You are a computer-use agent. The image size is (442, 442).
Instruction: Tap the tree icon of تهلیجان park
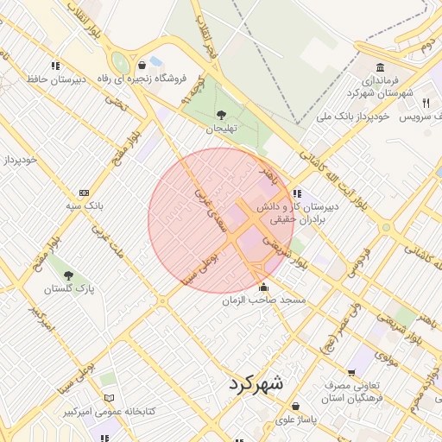[x=221, y=114]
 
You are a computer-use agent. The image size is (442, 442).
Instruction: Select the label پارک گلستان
[x=68, y=287]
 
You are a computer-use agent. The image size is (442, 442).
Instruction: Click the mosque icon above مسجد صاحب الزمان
[x=263, y=287]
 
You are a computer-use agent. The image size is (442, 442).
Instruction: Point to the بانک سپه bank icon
[x=84, y=193]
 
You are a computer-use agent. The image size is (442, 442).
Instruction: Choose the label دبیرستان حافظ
[x=54, y=79]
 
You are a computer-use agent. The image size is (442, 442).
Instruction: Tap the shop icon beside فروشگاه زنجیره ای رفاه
[x=142, y=65]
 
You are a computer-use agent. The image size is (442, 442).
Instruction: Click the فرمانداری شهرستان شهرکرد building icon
[x=380, y=68]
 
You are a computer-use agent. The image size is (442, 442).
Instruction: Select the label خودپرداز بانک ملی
[x=354, y=115]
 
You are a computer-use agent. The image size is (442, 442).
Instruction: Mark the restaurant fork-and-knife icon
[x=426, y=103]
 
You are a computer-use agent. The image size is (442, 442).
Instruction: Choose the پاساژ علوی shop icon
[x=296, y=406]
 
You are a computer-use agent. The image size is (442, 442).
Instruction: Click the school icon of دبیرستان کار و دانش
[x=297, y=193]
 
